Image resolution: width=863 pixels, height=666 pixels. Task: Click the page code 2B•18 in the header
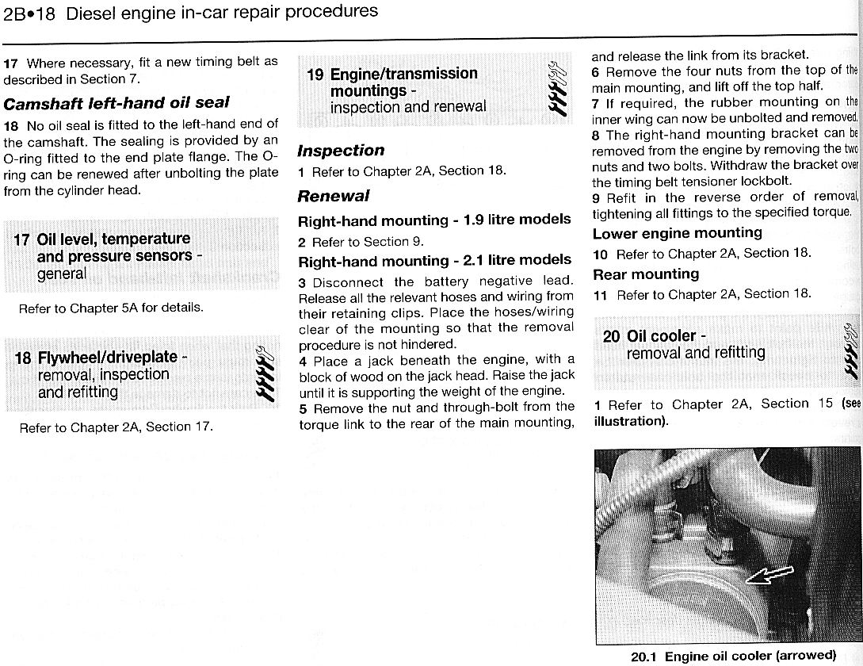pos(29,13)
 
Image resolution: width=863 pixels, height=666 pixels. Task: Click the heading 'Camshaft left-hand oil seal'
pos(116,102)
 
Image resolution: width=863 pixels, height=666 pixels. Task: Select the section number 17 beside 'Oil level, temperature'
pos(21,239)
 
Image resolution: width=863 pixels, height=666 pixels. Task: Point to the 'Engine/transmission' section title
pos(403,74)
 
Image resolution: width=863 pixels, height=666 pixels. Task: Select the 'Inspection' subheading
pos(341,151)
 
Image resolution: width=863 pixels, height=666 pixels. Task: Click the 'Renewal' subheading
pos(334,196)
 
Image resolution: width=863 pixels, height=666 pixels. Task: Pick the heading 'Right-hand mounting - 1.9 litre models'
pos(434,220)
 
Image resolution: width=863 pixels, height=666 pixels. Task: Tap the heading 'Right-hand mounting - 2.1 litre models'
pos(434,261)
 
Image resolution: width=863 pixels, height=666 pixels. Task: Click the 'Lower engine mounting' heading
pos(677,233)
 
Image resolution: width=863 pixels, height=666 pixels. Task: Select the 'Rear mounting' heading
pos(645,274)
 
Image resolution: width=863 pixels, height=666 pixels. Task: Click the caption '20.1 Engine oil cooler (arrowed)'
pos(733,656)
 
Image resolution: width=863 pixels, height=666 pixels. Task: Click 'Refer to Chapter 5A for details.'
pos(111,308)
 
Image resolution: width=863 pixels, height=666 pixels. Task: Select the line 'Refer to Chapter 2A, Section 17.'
pos(116,427)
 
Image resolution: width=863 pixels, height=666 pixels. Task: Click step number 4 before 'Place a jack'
pos(303,361)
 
